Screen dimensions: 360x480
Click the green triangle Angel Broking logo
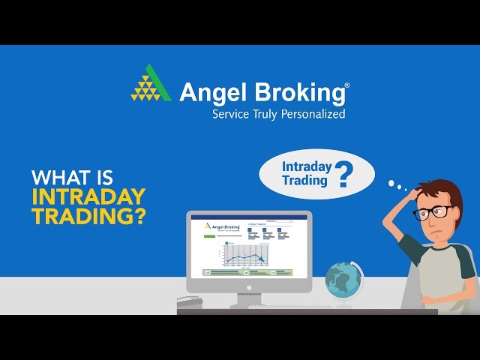click(151, 83)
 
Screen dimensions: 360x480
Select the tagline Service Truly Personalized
click(278, 115)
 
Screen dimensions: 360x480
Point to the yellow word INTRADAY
click(88, 197)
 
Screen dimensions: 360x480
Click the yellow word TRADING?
click(88, 216)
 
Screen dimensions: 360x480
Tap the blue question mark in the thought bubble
click(343, 175)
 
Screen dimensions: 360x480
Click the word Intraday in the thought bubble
click(306, 166)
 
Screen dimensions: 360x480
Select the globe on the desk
click(343, 282)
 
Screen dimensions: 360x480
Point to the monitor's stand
click(248, 298)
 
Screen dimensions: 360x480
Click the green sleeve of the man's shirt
click(413, 244)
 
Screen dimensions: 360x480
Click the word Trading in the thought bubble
click(304, 180)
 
